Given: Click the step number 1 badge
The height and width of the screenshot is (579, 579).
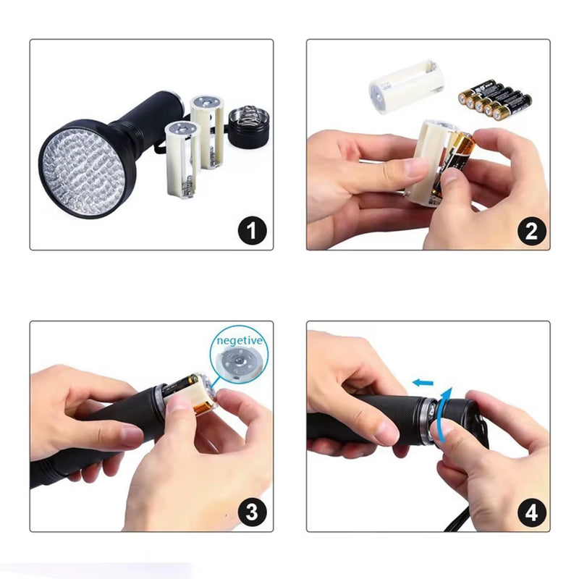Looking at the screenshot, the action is pyautogui.click(x=252, y=231).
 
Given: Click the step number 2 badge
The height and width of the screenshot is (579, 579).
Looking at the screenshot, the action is pyautogui.click(x=531, y=232).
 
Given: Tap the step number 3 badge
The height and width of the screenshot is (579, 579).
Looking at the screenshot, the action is pyautogui.click(x=252, y=512).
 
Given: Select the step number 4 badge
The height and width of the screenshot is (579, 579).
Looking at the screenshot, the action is pyautogui.click(x=532, y=513).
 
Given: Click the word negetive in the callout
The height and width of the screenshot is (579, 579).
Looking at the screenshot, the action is pyautogui.click(x=240, y=340).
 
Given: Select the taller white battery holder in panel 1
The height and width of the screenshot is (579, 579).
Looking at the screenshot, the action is pyautogui.click(x=207, y=132).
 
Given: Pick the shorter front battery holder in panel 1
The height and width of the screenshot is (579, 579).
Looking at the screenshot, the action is pyautogui.click(x=182, y=159).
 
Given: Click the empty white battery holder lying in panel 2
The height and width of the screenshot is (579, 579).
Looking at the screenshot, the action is pyautogui.click(x=406, y=86).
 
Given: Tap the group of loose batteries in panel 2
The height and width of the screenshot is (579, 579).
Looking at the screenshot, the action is pyautogui.click(x=495, y=101).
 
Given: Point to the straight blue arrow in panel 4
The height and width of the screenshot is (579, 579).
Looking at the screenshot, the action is pyautogui.click(x=423, y=383).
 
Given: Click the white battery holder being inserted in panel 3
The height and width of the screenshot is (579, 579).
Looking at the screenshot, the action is pyautogui.click(x=188, y=394).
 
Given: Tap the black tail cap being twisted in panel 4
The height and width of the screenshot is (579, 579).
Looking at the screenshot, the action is pyautogui.click(x=460, y=415).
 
